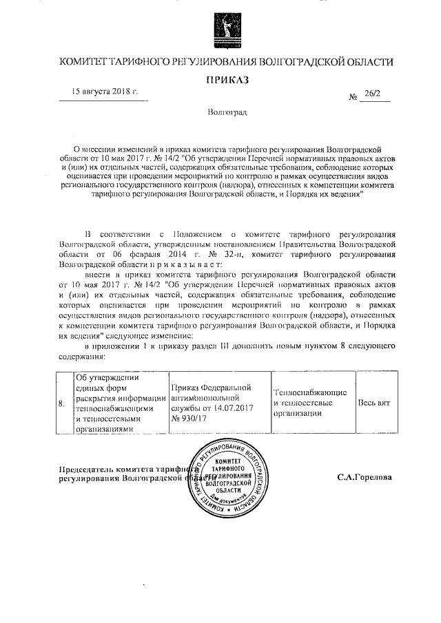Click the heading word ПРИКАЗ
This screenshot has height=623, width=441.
click(x=227, y=80)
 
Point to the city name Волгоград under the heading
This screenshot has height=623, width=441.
click(x=227, y=112)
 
